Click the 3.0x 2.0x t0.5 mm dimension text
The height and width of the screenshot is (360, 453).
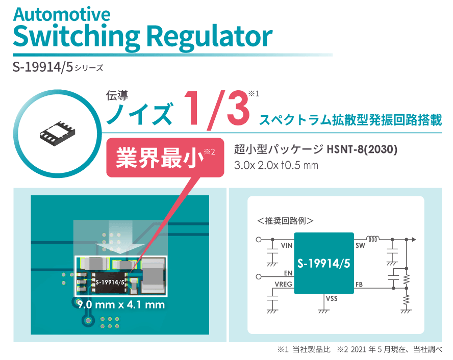click(276, 165)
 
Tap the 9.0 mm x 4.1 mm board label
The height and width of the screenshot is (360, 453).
click(121, 304)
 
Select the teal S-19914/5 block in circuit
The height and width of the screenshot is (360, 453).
click(324, 264)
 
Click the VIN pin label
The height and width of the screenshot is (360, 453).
click(287, 245)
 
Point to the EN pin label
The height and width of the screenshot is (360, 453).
click(288, 273)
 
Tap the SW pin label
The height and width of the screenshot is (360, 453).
click(360, 245)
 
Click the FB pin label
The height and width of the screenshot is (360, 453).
click(359, 285)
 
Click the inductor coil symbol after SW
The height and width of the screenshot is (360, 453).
click(373, 239)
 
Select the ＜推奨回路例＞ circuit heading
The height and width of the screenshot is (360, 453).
click(285, 221)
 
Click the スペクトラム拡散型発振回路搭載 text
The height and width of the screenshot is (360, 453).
click(350, 120)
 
